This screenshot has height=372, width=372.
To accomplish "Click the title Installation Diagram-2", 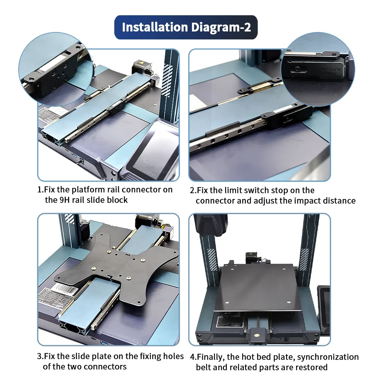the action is point(186,27).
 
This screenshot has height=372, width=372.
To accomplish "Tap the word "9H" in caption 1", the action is point(64,200).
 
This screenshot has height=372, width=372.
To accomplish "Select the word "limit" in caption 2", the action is point(233,190).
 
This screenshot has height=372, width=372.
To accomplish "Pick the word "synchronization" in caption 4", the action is point(328,357).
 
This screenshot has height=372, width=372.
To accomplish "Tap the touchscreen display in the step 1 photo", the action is point(153,148).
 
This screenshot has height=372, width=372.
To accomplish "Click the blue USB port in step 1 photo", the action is point(74,155).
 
